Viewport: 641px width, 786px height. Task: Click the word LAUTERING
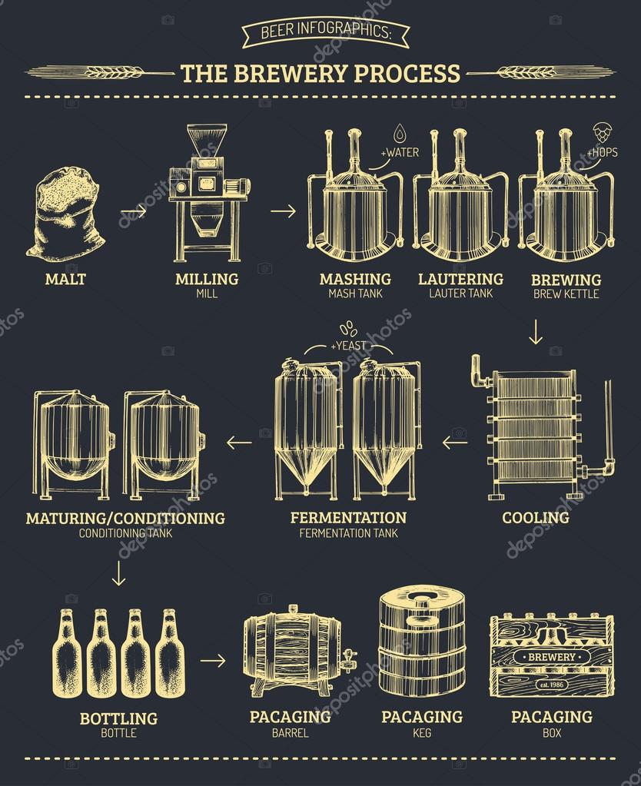pos(460,279)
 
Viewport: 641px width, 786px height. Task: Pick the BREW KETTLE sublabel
pos(565,294)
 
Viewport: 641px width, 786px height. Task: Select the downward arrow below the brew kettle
pos(536,333)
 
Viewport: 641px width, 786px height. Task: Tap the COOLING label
pos(536,517)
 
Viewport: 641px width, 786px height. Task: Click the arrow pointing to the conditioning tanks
pos(239,441)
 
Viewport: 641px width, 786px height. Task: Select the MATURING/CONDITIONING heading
pos(125,518)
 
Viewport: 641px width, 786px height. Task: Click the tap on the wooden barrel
pos(348,657)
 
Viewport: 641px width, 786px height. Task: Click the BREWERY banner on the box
pos(551,657)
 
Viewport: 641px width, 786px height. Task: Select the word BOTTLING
pos(118,719)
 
